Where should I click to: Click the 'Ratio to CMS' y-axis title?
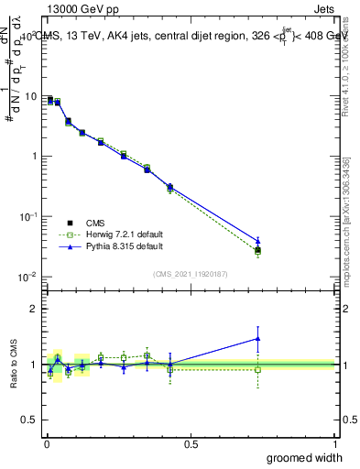[13, 365]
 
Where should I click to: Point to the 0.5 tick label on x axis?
[191, 443]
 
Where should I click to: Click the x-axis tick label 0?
[46, 443]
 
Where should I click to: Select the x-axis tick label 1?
[335, 443]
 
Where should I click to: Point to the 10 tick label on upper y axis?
[32, 96]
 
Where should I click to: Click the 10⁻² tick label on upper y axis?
[29, 277]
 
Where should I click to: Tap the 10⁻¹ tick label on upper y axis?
[29, 216]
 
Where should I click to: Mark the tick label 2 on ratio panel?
[36, 309]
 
